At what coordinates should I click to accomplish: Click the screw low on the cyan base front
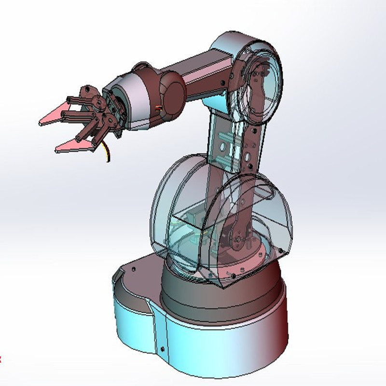163,349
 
